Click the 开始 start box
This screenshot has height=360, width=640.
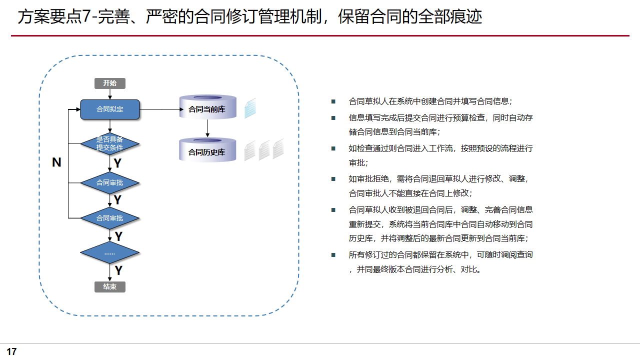[x=110, y=83]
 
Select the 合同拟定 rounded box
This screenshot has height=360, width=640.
[x=110, y=109]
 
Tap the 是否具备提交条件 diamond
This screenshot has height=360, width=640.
[x=110, y=144]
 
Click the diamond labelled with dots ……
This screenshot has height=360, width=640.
[x=110, y=253]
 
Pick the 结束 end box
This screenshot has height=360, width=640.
[x=110, y=287]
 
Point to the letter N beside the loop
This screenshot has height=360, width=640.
[x=56, y=162]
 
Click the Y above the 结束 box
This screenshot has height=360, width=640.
[x=118, y=271]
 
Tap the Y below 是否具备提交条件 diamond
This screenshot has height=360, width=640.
[x=117, y=163]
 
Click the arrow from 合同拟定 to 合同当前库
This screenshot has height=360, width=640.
[x=160, y=109]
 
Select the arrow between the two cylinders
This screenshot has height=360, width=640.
[x=207, y=128]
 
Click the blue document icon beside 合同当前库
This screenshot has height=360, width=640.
[x=250, y=108]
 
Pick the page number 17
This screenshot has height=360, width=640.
[x=11, y=351]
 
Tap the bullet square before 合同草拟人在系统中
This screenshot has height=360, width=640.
[x=333, y=101]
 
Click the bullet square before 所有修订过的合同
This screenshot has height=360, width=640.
[x=333, y=255]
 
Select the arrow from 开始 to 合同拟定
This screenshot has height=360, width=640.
[x=110, y=94]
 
